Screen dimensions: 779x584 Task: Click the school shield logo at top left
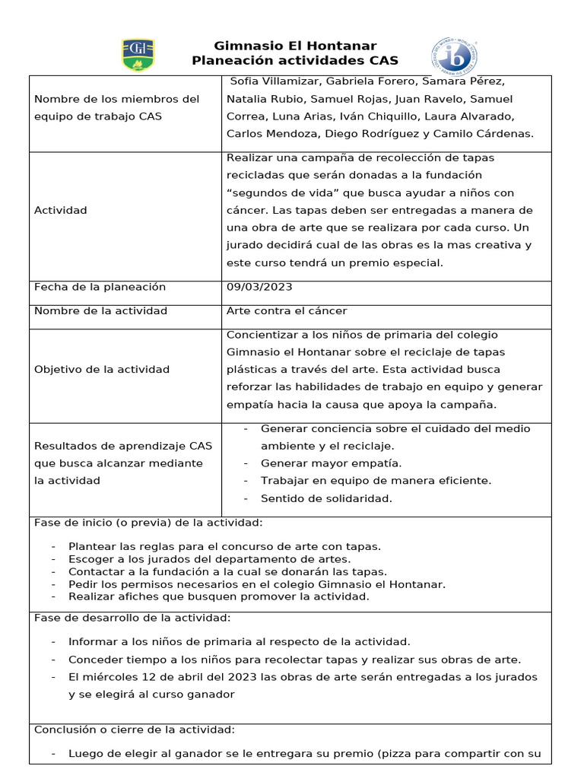pyautogui.click(x=138, y=56)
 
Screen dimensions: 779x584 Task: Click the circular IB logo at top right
pyautogui.click(x=455, y=58)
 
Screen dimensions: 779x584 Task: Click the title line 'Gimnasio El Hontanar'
pyautogui.click(x=295, y=46)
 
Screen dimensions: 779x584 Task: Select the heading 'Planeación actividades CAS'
pyautogui.click(x=295, y=61)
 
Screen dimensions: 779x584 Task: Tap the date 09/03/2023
pyautogui.click(x=259, y=287)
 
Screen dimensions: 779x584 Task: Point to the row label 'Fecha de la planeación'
pyautogui.click(x=100, y=287)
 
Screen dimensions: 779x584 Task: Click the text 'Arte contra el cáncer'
pyautogui.click(x=287, y=311)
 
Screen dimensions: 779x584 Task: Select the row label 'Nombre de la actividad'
pyautogui.click(x=100, y=311)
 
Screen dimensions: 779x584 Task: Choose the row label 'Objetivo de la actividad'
pyautogui.click(x=102, y=370)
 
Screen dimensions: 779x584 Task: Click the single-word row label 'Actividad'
pyautogui.click(x=61, y=211)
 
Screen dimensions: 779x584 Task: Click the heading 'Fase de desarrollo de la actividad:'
pyautogui.click(x=132, y=618)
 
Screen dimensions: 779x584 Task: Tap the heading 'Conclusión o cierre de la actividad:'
pyautogui.click(x=135, y=730)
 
